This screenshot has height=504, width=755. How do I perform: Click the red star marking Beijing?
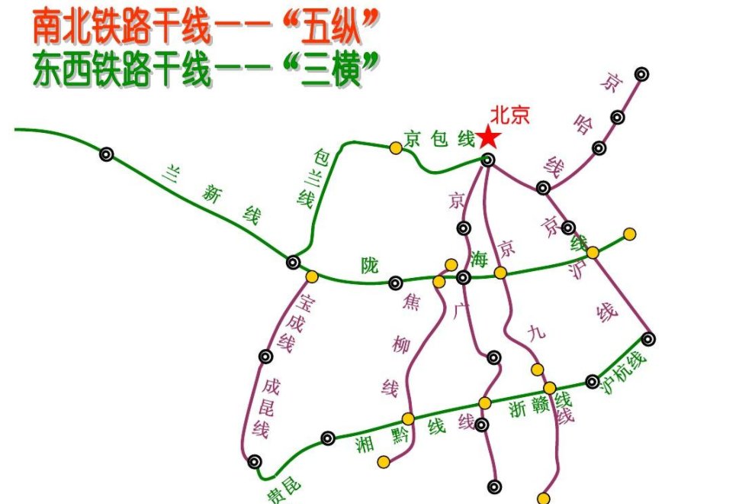point(488,137)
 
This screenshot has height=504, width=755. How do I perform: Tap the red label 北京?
point(509,115)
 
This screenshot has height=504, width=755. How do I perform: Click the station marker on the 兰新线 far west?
point(106,154)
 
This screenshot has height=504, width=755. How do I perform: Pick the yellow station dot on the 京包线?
point(395,147)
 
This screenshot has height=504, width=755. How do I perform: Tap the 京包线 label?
point(440,139)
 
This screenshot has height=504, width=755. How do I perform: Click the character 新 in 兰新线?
point(211,195)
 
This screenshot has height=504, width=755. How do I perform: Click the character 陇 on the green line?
point(369,265)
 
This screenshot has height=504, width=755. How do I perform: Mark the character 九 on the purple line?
point(537,332)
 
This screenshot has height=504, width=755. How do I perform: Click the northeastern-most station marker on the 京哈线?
point(642,74)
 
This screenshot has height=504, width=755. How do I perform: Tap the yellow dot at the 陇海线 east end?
point(629,234)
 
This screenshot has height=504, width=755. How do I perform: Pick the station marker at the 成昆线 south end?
point(255,461)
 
